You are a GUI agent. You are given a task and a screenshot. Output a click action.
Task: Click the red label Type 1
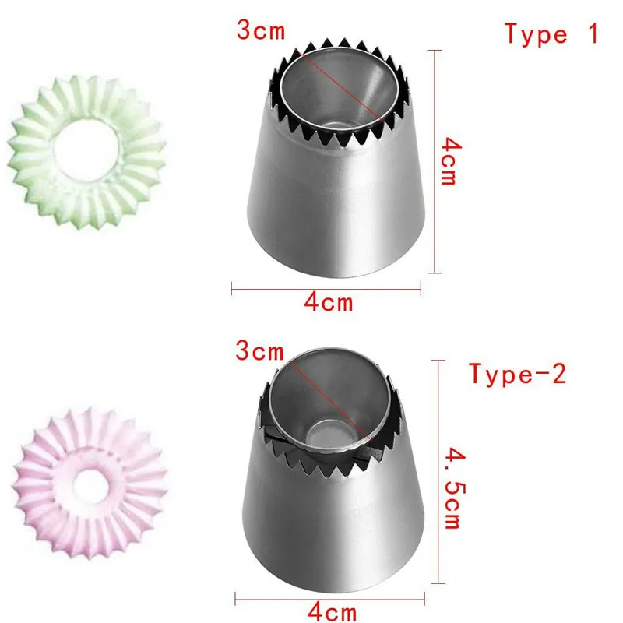pyautogui.click(x=551, y=33)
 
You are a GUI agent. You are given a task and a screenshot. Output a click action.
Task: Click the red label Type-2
pyautogui.click(x=518, y=374)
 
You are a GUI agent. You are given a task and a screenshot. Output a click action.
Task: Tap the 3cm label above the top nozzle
pyautogui.click(x=261, y=30)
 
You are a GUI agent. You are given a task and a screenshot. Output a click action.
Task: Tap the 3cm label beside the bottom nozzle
pyautogui.click(x=260, y=351)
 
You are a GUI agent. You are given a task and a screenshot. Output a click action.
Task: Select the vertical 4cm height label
pyautogui.click(x=451, y=161)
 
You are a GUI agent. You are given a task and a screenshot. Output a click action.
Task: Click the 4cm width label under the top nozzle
pyautogui.click(x=329, y=302)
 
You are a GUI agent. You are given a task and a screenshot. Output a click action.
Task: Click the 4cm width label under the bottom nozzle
pyautogui.click(x=333, y=611)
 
